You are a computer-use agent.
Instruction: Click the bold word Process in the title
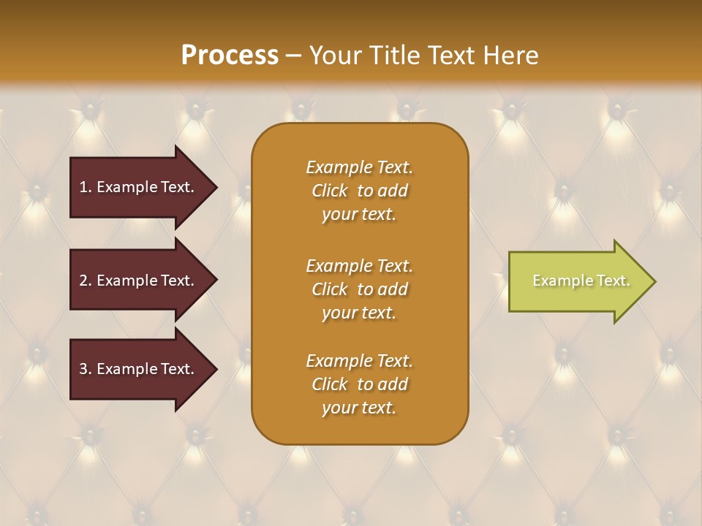[x=230, y=56]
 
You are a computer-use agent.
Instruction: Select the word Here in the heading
[x=510, y=56]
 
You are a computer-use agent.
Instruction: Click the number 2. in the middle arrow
[x=85, y=281]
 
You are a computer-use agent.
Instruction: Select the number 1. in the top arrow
[x=85, y=187]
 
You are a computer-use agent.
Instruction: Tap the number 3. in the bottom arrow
[x=85, y=369]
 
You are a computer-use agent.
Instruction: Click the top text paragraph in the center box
[x=359, y=191]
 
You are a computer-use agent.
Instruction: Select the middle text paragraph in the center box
[x=359, y=289]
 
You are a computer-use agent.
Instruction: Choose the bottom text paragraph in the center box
[x=359, y=384]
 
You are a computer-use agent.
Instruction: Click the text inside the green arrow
[x=581, y=281]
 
